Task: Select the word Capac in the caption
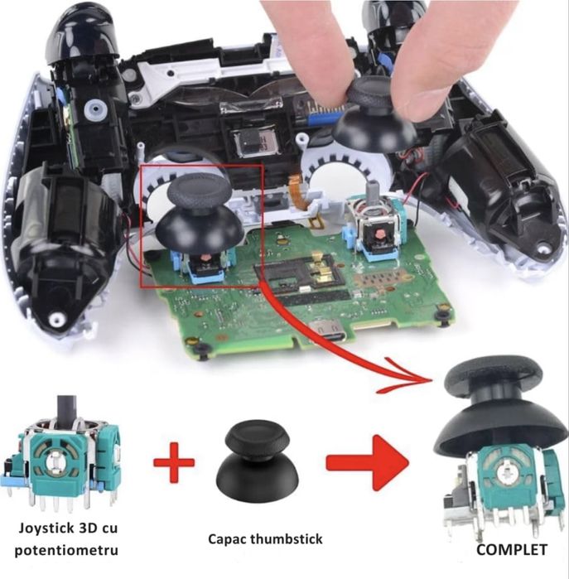(x=224, y=540)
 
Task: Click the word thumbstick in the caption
(x=286, y=540)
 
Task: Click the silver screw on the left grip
(x=55, y=319)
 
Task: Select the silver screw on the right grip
(x=542, y=246)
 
